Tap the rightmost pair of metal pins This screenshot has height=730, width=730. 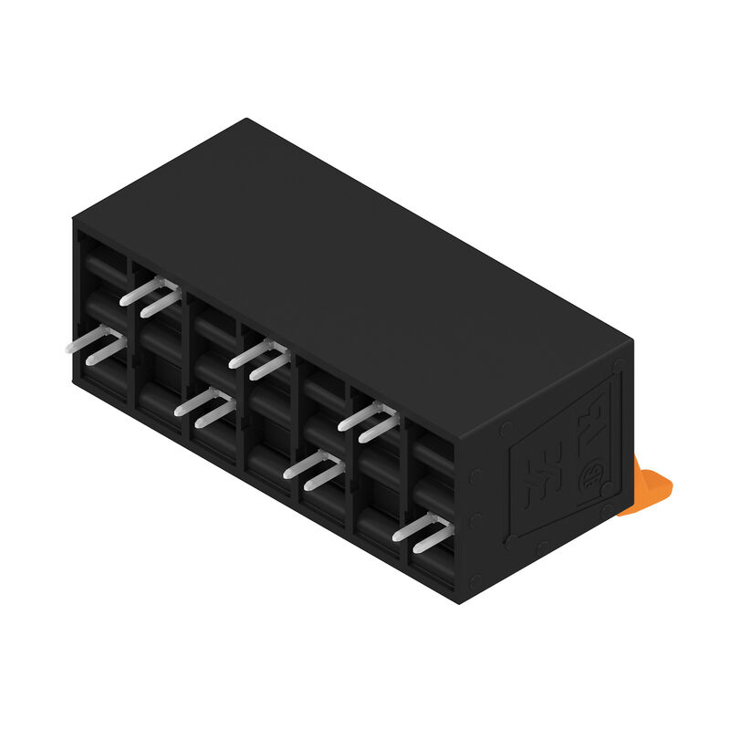pos(422,530)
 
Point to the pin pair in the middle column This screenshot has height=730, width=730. pos(261,359)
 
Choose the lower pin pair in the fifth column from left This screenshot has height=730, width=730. pos(315,469)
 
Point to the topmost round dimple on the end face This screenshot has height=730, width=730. pos(620,366)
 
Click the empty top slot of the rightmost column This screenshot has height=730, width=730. pos(433,453)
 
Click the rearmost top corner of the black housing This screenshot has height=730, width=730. pos(246,120)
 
